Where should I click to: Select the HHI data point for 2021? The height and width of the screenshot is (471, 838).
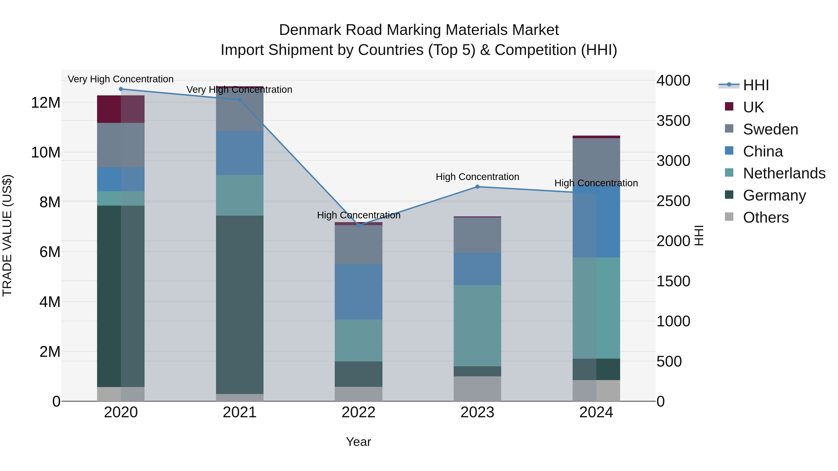pyautogui.click(x=240, y=100)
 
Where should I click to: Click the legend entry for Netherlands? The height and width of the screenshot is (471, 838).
pyautogui.click(x=784, y=173)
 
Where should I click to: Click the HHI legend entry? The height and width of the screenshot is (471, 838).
pyautogui.click(x=756, y=85)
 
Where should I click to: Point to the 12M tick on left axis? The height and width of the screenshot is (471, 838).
pyautogui.click(x=46, y=103)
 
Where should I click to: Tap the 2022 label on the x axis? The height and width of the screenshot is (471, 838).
pyautogui.click(x=358, y=412)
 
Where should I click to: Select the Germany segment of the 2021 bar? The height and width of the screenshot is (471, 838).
pyautogui.click(x=240, y=304)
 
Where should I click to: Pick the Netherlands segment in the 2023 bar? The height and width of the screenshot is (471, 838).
pyautogui.click(x=477, y=325)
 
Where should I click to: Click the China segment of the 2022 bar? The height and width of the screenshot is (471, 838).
pyautogui.click(x=358, y=292)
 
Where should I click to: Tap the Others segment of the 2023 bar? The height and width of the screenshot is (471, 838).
pyautogui.click(x=477, y=388)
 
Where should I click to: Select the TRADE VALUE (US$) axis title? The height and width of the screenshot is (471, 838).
pyautogui.click(x=7, y=235)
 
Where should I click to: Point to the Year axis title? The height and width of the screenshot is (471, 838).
pyautogui.click(x=358, y=442)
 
